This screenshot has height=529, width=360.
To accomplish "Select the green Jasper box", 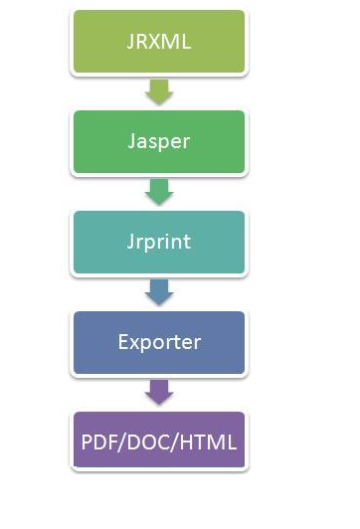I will pos(158,141).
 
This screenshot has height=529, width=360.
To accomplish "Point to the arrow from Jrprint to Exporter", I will pos(158,291).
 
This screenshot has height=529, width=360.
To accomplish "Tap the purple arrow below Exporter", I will pos(158,391).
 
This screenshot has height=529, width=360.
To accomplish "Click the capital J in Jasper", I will pos(131,141).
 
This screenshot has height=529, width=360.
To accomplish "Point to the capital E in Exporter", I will pos(123,342).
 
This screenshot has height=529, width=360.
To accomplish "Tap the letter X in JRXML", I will pos(159,41).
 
